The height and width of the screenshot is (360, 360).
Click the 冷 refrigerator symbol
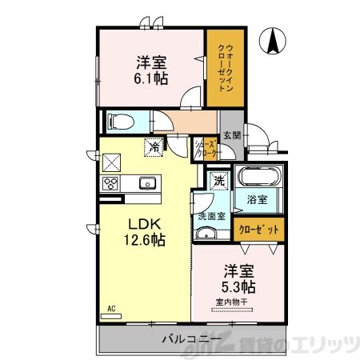click(152, 146)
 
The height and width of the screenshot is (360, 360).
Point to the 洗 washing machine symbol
click(218, 181)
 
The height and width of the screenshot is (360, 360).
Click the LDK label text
click(138, 223)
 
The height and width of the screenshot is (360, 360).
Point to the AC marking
click(110, 308)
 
